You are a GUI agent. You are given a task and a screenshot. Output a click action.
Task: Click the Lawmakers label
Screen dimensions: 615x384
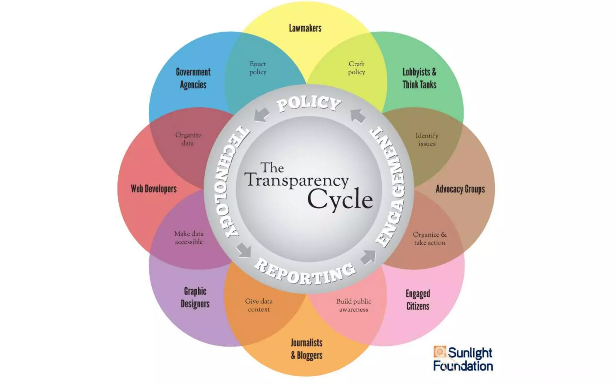pos(305,28)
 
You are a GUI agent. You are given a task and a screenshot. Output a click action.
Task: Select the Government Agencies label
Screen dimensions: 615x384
pos(193,78)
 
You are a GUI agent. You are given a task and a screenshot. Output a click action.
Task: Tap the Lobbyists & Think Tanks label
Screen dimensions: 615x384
pos(419,78)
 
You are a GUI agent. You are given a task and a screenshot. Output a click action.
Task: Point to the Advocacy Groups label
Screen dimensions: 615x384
pos(460,189)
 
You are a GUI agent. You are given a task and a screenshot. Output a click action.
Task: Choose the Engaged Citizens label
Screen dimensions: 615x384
pos(418,300)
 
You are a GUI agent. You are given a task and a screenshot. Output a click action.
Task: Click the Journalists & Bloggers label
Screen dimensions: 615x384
pos(307,349)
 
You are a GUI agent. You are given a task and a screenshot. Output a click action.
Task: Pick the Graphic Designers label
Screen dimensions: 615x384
pos(195,297)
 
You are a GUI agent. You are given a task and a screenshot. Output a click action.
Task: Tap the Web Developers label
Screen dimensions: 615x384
pos(154,189)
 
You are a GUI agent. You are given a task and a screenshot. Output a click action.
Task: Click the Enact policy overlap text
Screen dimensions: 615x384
pos(258,68)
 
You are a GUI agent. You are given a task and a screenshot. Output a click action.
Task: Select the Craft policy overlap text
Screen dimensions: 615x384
pos(356,68)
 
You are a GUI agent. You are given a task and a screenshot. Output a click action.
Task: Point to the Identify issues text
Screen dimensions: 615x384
pos(427,139)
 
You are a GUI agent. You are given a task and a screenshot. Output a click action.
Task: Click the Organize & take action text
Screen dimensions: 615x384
pos(430,238)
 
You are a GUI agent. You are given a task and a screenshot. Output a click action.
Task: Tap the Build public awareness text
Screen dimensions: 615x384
pos(353,305)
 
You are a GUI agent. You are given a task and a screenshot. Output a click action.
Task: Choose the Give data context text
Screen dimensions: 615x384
pos(259,305)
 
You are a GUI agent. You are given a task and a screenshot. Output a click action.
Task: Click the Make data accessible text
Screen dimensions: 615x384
pos(189,238)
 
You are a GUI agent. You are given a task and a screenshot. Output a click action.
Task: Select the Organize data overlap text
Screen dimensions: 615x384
pos(188,139)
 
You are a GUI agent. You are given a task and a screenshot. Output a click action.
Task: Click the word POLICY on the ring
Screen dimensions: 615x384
pos(309,103)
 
